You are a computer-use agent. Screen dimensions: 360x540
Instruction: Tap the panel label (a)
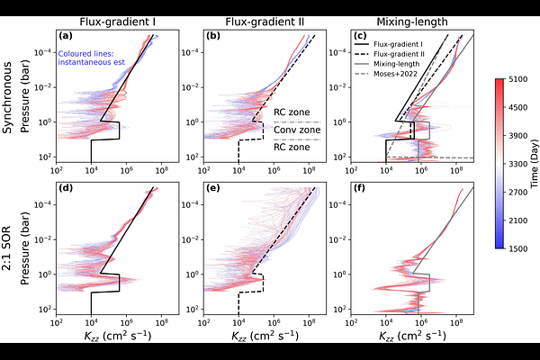pyautogui.click(x=66, y=36)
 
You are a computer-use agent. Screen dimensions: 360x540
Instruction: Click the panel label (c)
pyautogui.click(x=358, y=36)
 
